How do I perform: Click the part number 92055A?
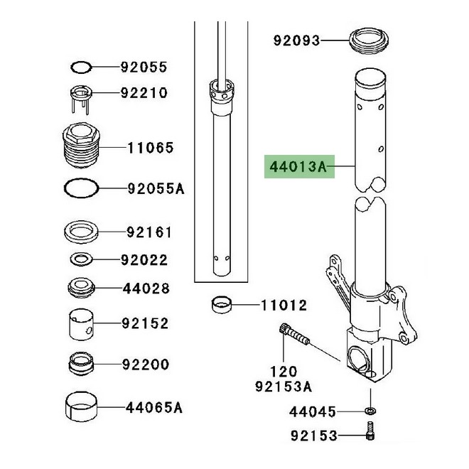point(156,189)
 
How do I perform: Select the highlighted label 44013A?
point(297,168)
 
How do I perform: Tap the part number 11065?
point(151,148)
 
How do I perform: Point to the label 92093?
point(297,41)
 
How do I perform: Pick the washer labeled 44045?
point(370,411)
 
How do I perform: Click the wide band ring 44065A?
point(82,409)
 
